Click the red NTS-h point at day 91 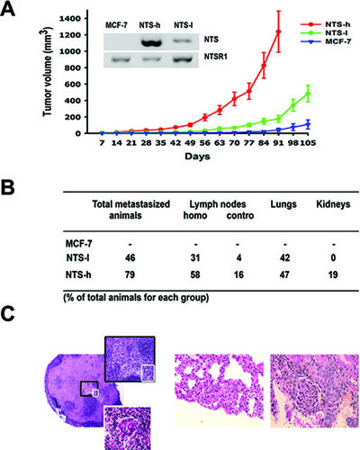[x=278, y=31]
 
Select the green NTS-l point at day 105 [x=308, y=94]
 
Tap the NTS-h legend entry [x=325, y=24]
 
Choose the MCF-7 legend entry [x=326, y=41]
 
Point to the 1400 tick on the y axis [x=70, y=19]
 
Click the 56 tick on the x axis [x=204, y=143]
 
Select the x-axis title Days [x=197, y=157]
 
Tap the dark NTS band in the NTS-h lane [x=150, y=42]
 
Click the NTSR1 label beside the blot [x=215, y=56]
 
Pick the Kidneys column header [x=333, y=204]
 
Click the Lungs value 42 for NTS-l [x=284, y=257]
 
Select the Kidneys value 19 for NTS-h [x=332, y=274]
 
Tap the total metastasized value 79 [x=130, y=274]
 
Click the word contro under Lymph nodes [x=240, y=215]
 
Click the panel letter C [x=7, y=313]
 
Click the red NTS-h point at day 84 [x=264, y=66]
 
